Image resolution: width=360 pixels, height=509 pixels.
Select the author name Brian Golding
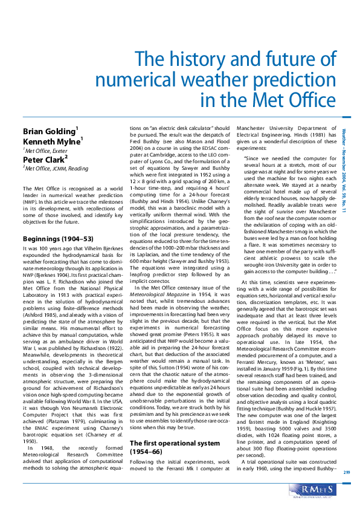[49, 131]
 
